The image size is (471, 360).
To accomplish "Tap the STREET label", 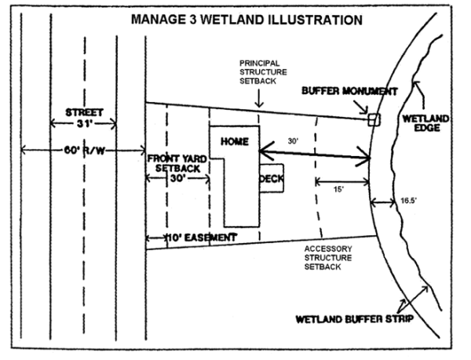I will [83, 112].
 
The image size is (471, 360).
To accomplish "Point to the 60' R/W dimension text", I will [81, 150].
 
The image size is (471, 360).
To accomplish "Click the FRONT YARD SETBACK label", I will [177, 163].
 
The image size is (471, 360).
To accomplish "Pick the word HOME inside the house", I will [235, 142].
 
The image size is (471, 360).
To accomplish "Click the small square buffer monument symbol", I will [374, 119].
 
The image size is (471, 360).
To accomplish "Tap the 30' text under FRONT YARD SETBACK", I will [177, 179].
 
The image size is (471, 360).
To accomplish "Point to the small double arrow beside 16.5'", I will [383, 202].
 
